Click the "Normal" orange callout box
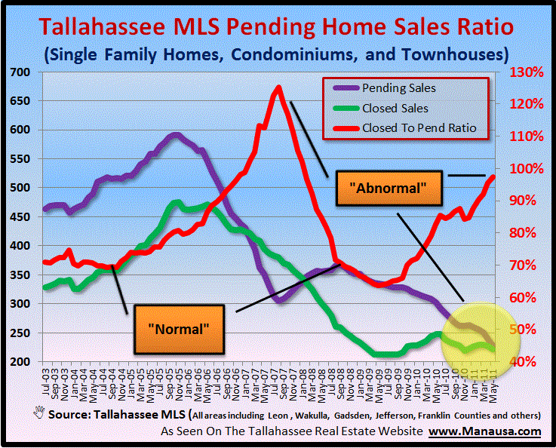(179, 329)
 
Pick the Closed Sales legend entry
(395, 108)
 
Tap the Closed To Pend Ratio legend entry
(419, 127)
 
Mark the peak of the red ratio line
(278, 87)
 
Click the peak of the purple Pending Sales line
(176, 135)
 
